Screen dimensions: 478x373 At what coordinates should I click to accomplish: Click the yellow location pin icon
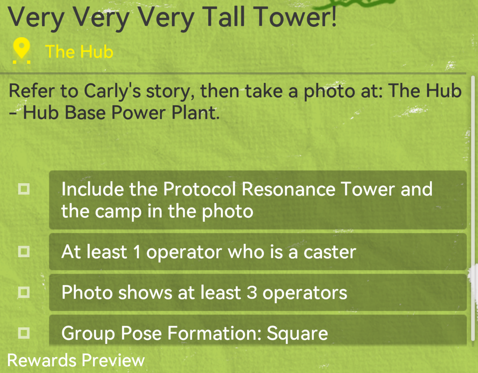click(22, 51)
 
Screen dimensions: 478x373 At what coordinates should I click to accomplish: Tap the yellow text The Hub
click(79, 51)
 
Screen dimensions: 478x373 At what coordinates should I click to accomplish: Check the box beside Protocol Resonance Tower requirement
click(24, 189)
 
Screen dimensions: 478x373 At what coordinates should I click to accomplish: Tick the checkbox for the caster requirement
click(24, 251)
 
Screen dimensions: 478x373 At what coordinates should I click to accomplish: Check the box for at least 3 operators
click(24, 292)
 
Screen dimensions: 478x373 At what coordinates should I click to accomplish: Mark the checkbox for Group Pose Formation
click(24, 333)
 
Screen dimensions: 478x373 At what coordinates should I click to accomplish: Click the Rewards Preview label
click(76, 360)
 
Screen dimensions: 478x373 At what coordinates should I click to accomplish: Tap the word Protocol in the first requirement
click(200, 189)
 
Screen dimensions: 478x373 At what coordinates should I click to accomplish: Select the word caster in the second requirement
click(330, 253)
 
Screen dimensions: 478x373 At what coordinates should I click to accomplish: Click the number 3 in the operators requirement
click(252, 293)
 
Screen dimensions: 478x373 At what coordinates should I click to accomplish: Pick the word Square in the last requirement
click(297, 334)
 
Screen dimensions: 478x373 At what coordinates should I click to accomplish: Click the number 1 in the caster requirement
click(137, 252)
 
